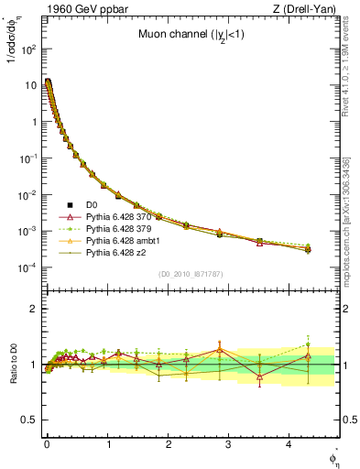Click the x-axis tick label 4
point(289,453)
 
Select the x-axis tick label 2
point(169,453)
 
